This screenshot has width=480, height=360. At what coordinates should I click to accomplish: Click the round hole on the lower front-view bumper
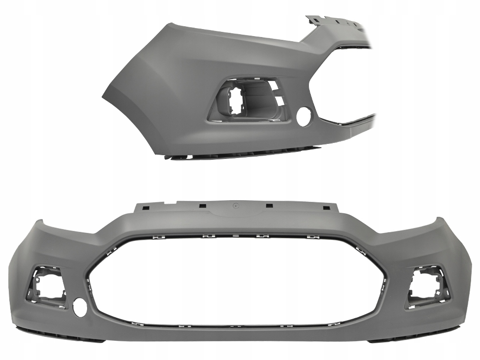click(x=80, y=309)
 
